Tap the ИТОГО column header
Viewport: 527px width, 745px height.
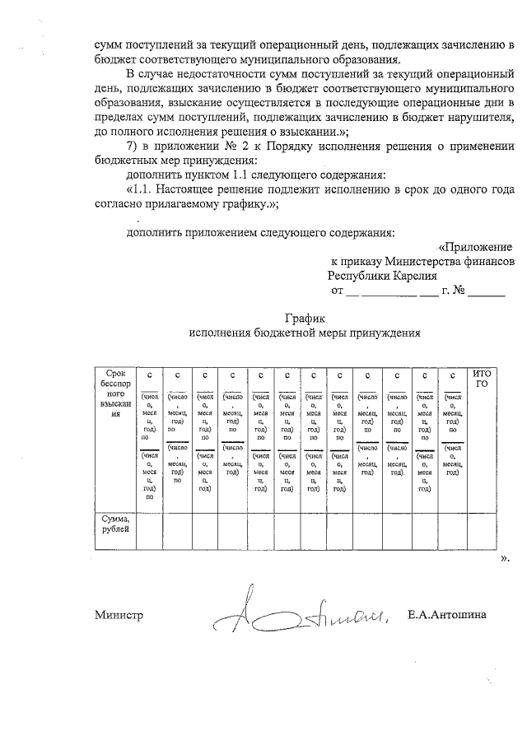click(483, 379)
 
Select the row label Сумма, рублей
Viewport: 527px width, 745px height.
click(115, 525)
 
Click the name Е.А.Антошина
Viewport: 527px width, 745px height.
click(446, 614)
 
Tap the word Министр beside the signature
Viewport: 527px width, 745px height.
click(119, 615)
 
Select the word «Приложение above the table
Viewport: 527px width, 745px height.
click(475, 246)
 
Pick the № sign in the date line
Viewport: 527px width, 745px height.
click(460, 291)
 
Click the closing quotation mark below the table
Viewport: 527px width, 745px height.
click(505, 559)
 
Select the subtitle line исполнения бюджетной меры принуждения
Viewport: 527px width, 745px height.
click(305, 333)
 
